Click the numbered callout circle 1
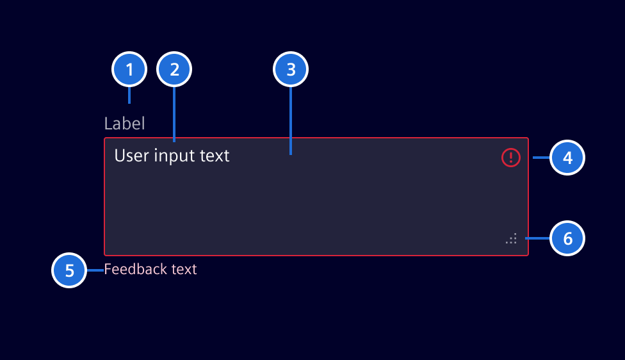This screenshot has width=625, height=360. coord(129,69)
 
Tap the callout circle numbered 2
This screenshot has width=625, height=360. coord(174,69)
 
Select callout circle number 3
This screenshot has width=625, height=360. coord(291,69)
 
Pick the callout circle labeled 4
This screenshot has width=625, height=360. coord(567,157)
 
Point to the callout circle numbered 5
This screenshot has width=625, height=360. coord(69,270)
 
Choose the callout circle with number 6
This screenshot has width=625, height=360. coord(567,238)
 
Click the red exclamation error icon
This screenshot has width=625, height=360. coord(511,157)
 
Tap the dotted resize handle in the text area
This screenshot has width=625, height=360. coord(511,239)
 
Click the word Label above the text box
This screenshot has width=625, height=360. coord(125,123)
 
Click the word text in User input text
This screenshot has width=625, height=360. coord(215,155)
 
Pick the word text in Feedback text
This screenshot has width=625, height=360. coord(184,269)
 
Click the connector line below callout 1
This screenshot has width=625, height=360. coord(129,95)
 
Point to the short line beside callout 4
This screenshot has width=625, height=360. coord(541,157)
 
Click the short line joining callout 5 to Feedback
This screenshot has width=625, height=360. coord(95,270)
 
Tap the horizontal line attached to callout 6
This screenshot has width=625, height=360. coord(538,238)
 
